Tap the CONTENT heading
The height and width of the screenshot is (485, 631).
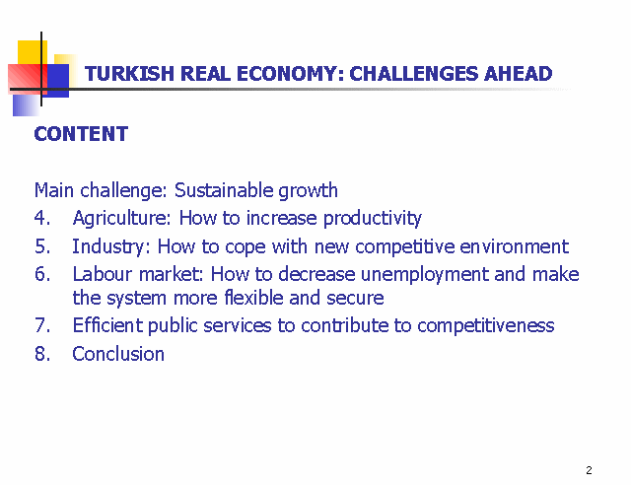(81, 134)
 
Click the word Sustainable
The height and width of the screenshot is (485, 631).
(224, 190)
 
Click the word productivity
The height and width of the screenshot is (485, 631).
(373, 219)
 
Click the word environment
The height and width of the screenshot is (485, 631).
(515, 246)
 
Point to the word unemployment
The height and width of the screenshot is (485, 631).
(425, 275)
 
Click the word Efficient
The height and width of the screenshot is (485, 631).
(107, 325)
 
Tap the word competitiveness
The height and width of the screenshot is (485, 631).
(486, 326)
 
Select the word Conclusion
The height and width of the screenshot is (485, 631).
(118, 354)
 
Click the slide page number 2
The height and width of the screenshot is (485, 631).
(590, 470)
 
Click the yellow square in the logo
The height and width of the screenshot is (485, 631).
(33, 52)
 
